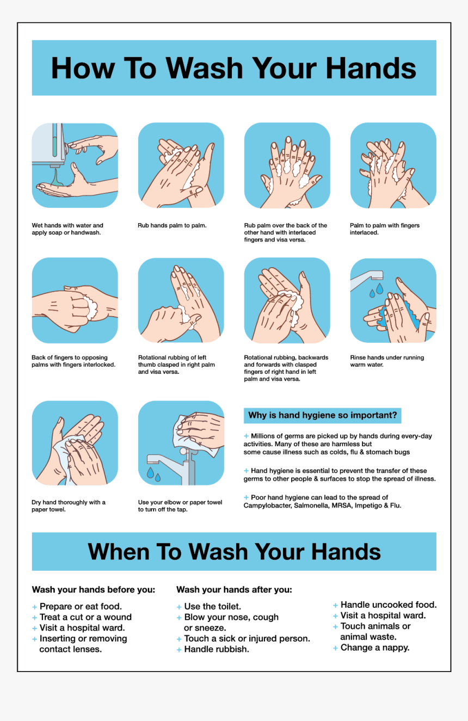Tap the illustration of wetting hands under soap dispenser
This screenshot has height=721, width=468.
75,165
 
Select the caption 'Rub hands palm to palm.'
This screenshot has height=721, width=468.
172,225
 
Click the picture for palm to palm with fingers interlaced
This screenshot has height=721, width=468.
393,165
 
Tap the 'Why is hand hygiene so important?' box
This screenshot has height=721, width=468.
322,416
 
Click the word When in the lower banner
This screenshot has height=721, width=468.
119,552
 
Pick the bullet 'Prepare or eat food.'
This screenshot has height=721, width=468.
81,606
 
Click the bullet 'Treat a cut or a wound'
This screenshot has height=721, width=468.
85,617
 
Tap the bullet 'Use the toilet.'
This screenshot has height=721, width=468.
212,606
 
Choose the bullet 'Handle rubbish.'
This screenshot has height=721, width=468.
217,649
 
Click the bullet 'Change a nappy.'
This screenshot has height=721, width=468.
374,648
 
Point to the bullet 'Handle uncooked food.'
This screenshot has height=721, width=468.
388,605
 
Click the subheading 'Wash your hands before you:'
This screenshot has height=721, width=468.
94,589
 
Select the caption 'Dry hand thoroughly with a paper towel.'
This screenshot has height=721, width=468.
69,506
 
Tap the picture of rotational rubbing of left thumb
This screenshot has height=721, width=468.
181,300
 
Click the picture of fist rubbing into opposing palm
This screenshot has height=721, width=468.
75,300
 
